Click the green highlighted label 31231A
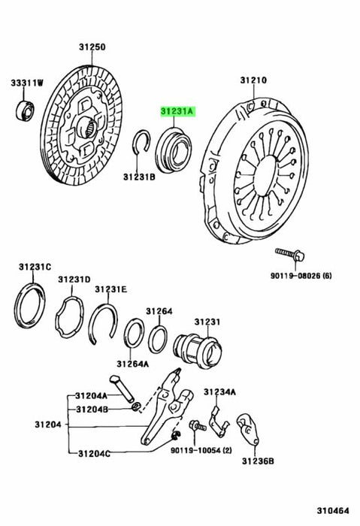178,111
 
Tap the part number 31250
92,47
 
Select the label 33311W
27,83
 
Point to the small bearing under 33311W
25,110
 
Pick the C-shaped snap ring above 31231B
141,142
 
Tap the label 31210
253,80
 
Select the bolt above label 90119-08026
289,255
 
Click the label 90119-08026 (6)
301,276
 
